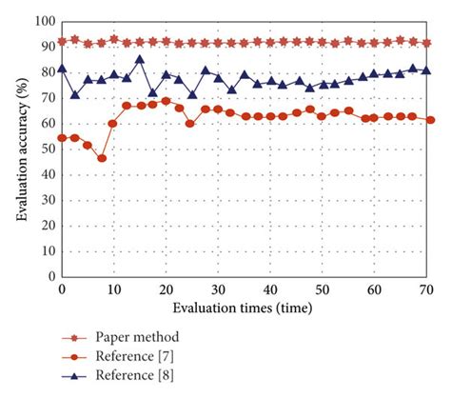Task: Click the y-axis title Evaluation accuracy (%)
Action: pos(21,146)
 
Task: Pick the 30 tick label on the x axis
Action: pos(218,289)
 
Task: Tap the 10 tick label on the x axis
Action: pos(114,289)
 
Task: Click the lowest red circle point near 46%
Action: pos(102,158)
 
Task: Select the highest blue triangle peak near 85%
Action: pos(140,59)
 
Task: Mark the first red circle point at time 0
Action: pos(63,138)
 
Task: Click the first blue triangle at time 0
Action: pos(63,68)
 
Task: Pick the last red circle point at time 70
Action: pos(431,120)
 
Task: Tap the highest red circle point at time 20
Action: pos(166,100)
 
